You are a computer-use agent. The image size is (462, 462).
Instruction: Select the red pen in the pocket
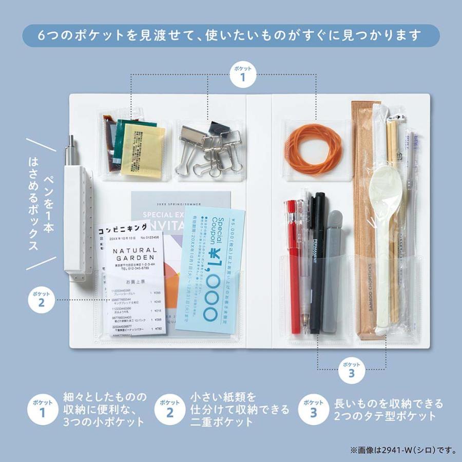(x=293, y=267)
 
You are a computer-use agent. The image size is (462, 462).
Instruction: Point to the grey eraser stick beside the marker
(x=334, y=267)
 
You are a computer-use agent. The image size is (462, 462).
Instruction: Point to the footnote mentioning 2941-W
(x=403, y=450)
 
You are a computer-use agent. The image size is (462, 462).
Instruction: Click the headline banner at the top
(x=231, y=36)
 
